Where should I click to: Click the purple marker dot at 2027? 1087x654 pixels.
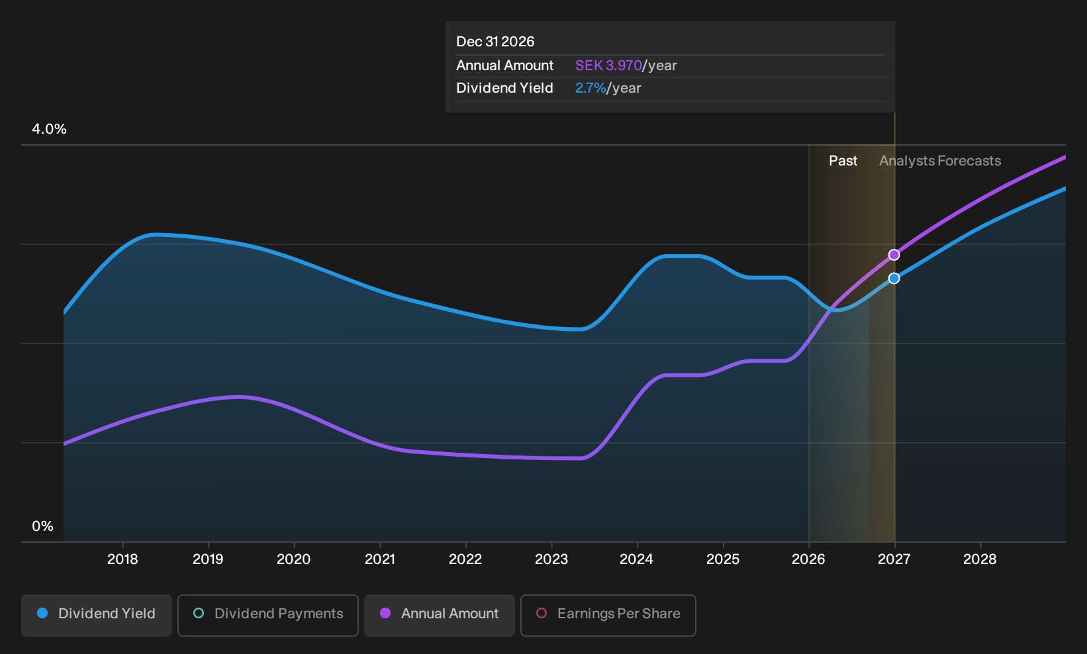tap(894, 255)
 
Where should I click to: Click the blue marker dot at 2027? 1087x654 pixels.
tap(894, 278)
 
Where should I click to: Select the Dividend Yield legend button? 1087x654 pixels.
tap(97, 615)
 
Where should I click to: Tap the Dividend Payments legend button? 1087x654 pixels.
tap(268, 615)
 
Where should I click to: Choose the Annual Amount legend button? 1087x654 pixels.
tap(439, 615)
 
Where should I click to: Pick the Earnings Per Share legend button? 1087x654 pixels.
tap(608, 615)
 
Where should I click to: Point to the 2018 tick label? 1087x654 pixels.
tap(122, 559)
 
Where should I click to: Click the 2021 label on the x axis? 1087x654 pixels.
tap(379, 559)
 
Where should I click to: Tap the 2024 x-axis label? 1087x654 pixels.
tap(637, 559)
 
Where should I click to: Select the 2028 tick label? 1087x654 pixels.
tap(980, 559)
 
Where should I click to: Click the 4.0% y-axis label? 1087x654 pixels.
tap(49, 129)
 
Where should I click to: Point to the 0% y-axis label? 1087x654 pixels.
tap(43, 526)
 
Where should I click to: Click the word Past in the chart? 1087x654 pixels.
tap(843, 161)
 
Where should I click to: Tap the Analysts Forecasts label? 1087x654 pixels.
tap(940, 161)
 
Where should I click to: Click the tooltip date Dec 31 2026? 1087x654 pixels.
tap(495, 42)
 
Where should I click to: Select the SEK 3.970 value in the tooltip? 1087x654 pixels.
tap(608, 66)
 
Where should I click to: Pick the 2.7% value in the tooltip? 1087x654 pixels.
tap(591, 88)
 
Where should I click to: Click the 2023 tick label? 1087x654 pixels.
tap(551, 559)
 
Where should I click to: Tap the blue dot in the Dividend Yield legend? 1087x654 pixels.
tap(43, 613)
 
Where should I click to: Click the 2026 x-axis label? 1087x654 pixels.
tap(808, 559)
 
